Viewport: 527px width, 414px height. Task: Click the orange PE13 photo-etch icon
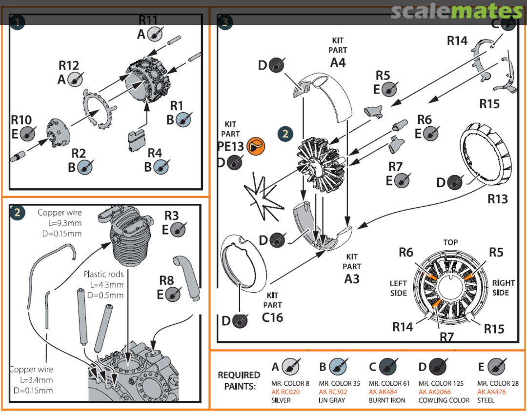coord(255,146)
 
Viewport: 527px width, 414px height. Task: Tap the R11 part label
coord(148,20)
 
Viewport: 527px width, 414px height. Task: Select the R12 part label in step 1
coord(68,65)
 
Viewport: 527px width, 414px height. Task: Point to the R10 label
coord(21,120)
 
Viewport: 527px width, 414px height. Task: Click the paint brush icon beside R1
coord(183,119)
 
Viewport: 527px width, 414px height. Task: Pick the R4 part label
coord(155,153)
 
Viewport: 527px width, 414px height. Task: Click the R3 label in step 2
coord(171,216)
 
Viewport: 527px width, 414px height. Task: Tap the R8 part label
coord(166,280)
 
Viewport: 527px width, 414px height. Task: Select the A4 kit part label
coord(338,62)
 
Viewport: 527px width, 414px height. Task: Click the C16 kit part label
coord(272,317)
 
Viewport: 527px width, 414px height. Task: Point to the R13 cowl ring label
coord(498,198)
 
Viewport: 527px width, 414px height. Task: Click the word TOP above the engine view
coord(450,242)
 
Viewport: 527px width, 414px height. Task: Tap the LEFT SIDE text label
coord(398,288)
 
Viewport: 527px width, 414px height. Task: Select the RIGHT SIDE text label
coord(503,288)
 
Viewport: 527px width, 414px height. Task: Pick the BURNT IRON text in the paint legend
coord(387,400)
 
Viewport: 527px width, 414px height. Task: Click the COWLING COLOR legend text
coord(444,400)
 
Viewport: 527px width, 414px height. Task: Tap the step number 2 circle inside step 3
coord(285,134)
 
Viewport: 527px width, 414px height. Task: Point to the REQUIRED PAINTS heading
coord(239,380)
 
